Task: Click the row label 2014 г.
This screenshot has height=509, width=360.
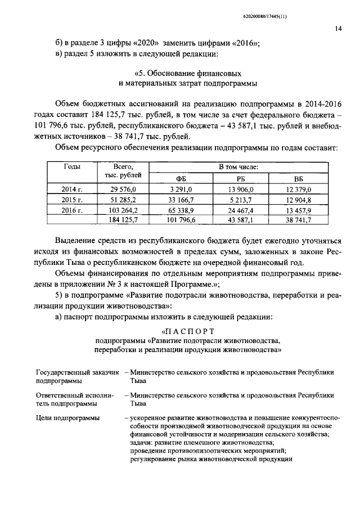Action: pyautogui.click(x=71, y=190)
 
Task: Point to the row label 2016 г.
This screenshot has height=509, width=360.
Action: pyautogui.click(x=71, y=210)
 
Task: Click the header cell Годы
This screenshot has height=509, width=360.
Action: pyautogui.click(x=71, y=167)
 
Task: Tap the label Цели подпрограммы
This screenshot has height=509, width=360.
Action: pyautogui.click(x=67, y=418)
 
